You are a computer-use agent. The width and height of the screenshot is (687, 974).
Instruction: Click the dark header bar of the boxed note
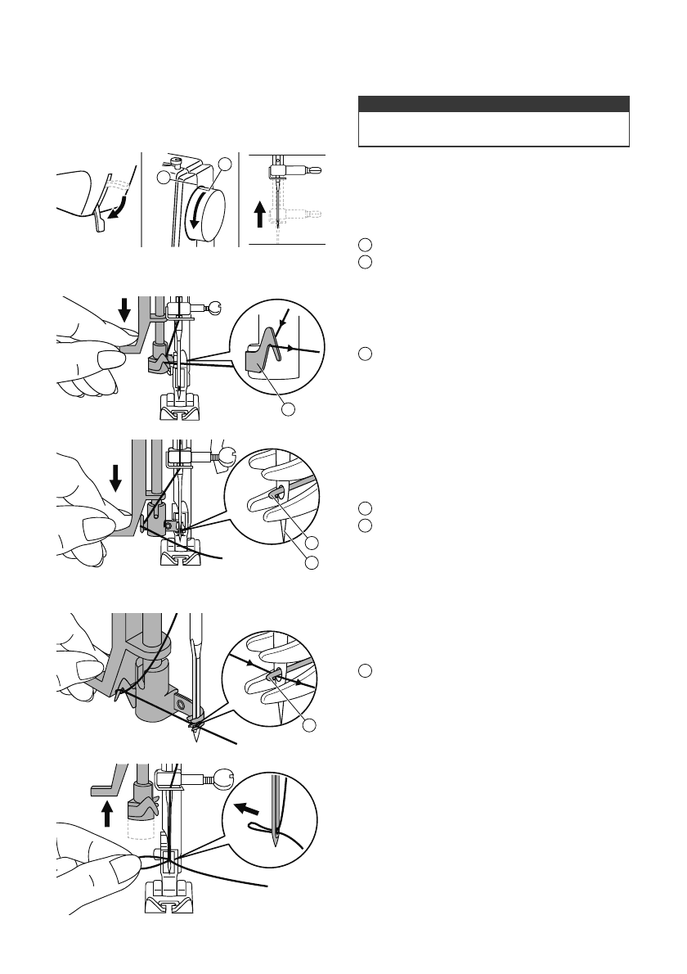pyautogui.click(x=494, y=104)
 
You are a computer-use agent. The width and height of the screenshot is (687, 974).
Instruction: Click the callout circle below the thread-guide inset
pyautogui.click(x=286, y=408)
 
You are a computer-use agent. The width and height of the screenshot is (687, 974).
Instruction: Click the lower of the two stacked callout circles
pyautogui.click(x=309, y=562)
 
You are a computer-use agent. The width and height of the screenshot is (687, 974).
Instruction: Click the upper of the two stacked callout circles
pyautogui.click(x=309, y=542)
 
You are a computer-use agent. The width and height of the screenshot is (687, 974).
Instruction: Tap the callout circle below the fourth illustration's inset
pyautogui.click(x=309, y=726)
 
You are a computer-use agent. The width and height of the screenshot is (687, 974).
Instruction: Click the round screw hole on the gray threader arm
pyautogui.click(x=180, y=703)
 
